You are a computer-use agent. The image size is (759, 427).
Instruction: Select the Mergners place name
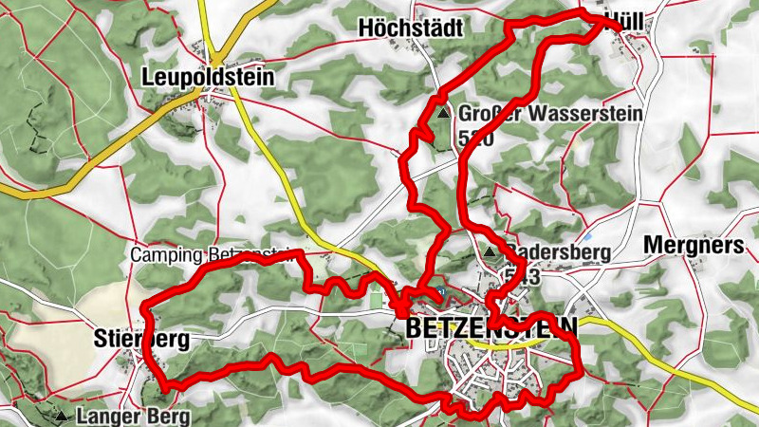point(693,246)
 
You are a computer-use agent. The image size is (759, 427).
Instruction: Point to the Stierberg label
point(141,338)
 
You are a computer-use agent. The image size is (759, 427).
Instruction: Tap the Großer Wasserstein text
point(550,114)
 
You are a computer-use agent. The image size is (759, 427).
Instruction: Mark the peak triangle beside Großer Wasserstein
point(443,113)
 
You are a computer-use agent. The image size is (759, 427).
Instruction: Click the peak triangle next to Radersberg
point(490,252)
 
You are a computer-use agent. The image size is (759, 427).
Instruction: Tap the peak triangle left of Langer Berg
point(62,416)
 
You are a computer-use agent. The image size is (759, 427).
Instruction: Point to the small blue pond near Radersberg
point(587,235)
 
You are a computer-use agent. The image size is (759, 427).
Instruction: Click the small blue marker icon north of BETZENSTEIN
point(441,290)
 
